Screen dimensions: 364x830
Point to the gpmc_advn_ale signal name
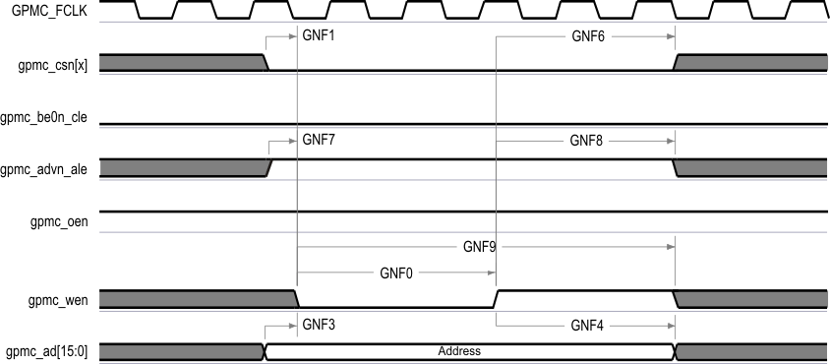(x=47, y=169)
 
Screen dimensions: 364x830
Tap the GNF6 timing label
(x=588, y=35)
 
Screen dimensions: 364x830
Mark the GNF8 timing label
(x=587, y=140)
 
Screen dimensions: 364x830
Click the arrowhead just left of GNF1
(x=293, y=36)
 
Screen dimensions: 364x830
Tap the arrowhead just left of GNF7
(x=293, y=140)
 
